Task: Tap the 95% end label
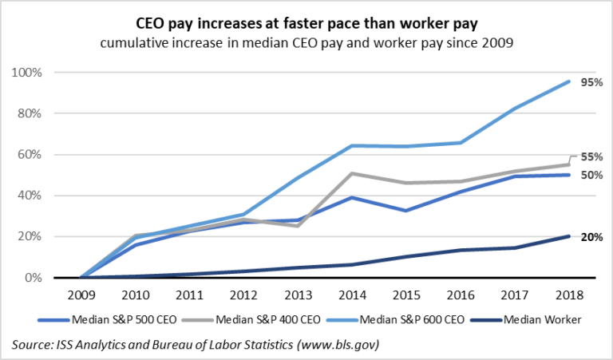tap(591, 82)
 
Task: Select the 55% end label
tap(591, 156)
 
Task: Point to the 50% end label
tap(591, 175)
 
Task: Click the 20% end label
tap(591, 236)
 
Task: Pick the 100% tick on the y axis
tap(29, 73)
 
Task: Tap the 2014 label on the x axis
tap(352, 294)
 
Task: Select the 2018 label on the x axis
tap(569, 294)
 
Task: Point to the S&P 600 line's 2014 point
tap(352, 145)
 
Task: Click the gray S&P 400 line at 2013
tap(298, 226)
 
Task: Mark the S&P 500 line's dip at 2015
tap(406, 211)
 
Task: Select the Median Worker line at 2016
tap(461, 250)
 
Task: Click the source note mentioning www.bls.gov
tap(195, 345)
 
